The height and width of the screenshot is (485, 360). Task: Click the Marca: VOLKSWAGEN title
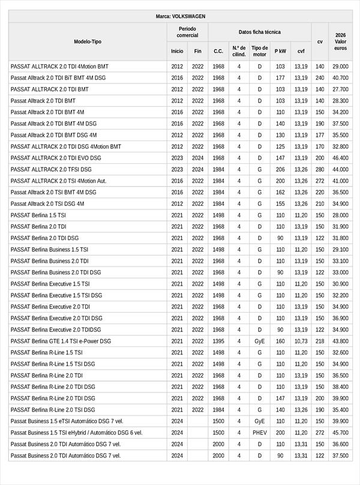point(180,17)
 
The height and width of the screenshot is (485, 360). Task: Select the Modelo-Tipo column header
point(88,41)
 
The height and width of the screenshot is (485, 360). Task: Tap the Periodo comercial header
point(187,32)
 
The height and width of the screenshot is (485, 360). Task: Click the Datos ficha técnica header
point(259,32)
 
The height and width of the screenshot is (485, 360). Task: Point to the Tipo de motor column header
point(260,51)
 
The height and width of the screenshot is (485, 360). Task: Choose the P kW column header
point(280,51)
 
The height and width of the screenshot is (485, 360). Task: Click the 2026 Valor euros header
point(340,41)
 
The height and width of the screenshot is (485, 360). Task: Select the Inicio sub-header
point(177,51)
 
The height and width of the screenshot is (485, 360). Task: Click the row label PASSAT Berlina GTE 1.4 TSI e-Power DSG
point(61,341)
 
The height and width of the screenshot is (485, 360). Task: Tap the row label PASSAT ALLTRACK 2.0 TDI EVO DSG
point(56,158)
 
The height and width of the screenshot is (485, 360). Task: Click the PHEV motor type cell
point(260,433)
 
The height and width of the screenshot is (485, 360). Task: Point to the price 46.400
point(340,158)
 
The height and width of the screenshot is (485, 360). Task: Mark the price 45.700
point(340,433)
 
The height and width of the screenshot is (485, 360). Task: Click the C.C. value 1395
point(218,341)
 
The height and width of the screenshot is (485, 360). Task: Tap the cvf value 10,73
point(301,341)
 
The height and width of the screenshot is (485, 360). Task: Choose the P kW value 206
point(280,169)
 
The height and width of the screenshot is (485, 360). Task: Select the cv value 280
point(320,169)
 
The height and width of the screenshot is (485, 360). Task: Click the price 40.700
point(340,78)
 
